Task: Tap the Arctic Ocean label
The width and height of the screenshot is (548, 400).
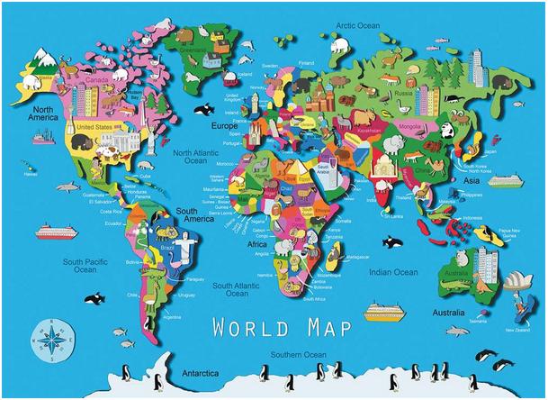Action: [x=358, y=25]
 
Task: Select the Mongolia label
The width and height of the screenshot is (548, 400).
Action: [x=415, y=126]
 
